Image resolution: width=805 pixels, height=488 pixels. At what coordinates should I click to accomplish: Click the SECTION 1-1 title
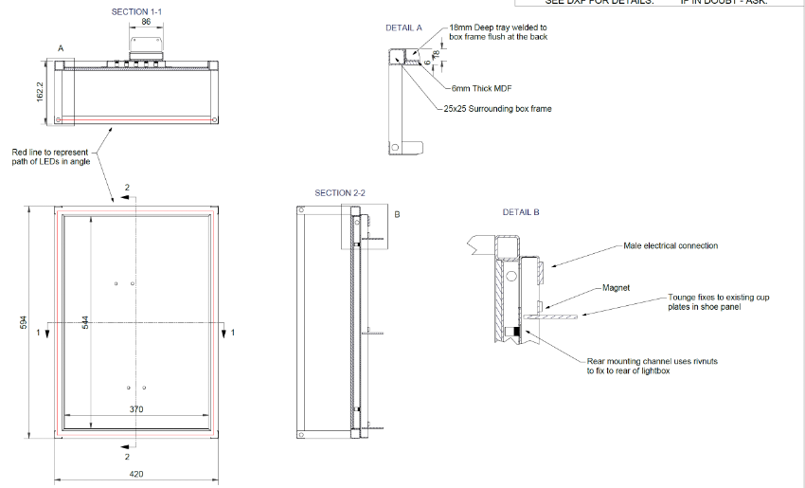(x=130, y=11)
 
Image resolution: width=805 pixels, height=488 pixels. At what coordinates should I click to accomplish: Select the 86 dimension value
(x=146, y=20)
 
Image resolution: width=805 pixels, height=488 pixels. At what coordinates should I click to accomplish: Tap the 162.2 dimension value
(x=41, y=91)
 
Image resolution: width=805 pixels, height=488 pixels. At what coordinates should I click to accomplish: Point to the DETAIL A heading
(x=403, y=28)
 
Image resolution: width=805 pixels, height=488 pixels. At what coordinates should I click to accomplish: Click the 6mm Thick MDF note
(x=483, y=87)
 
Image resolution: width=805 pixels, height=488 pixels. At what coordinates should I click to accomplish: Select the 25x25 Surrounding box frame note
(x=497, y=109)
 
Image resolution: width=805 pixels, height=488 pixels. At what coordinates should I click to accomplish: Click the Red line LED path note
(x=50, y=156)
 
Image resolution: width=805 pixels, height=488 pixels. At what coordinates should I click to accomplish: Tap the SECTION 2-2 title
(x=340, y=192)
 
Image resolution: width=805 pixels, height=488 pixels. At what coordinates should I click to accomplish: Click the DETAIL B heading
(x=521, y=212)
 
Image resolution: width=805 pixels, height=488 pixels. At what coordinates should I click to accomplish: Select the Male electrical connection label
(x=671, y=245)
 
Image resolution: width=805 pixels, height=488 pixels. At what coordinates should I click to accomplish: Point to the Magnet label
(x=616, y=286)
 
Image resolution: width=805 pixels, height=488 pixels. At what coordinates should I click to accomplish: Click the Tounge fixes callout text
(x=717, y=301)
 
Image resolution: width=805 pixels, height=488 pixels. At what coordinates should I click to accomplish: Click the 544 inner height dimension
(x=86, y=323)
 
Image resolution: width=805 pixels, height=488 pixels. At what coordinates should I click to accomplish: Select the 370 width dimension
(x=135, y=409)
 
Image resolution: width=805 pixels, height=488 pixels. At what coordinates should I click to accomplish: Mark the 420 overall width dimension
(x=135, y=473)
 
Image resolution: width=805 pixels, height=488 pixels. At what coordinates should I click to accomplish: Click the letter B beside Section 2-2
(x=397, y=214)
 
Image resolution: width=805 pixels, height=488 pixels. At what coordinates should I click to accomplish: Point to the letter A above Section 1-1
(x=61, y=46)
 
